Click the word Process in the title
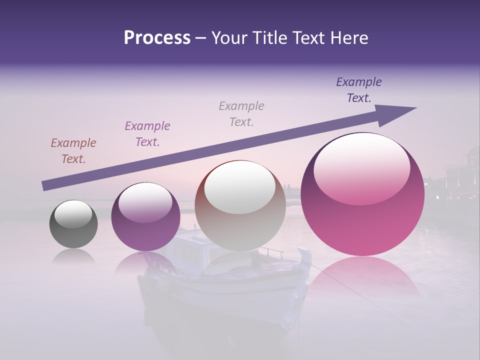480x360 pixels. coord(157,38)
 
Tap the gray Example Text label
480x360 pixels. coord(241,114)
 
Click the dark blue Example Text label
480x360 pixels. coord(359,90)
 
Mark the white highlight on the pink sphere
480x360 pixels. coord(362,167)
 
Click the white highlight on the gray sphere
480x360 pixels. coord(73,214)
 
